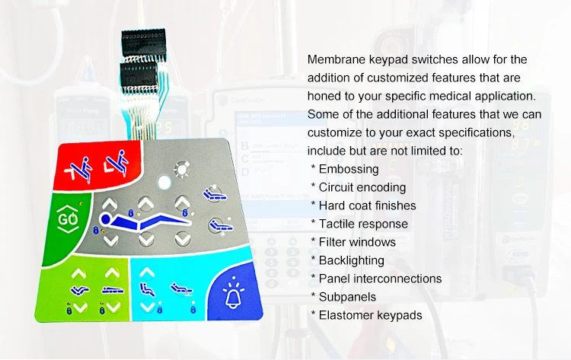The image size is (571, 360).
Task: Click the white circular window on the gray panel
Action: point(164,183)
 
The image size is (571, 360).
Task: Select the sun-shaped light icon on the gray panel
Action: point(181,168)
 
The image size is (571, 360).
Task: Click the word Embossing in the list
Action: point(349,169)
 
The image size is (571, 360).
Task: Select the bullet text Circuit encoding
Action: point(362,187)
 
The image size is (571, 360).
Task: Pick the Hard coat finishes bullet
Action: point(367,205)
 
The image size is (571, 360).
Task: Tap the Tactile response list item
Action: point(363,224)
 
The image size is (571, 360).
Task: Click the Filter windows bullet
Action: point(357,242)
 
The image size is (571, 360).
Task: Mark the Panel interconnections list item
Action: point(380,279)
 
